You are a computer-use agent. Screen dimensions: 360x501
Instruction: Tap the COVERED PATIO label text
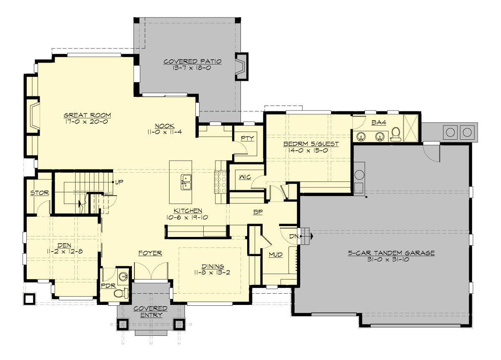coord(192,61)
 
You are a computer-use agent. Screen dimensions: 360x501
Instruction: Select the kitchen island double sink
coord(186,182)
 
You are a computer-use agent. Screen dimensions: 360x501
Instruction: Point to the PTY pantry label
coord(247,138)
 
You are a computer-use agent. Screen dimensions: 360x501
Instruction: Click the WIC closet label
coord(245,177)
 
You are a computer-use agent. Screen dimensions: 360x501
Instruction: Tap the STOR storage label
coord(40,193)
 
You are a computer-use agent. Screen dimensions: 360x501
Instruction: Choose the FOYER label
coord(150,253)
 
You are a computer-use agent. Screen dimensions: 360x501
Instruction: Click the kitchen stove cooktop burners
coord(220,183)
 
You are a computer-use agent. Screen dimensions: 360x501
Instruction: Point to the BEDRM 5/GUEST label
coord(311,144)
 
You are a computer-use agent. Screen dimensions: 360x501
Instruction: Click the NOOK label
coord(165,126)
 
